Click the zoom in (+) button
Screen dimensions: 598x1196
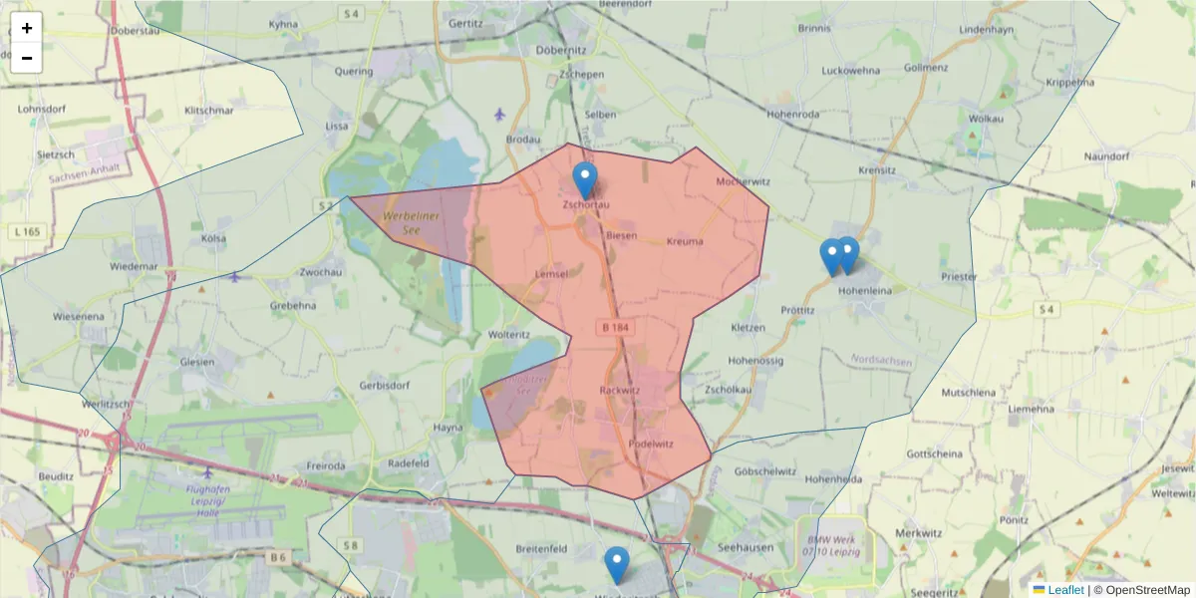pos(27,28)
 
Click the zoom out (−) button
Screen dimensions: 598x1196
pos(27,58)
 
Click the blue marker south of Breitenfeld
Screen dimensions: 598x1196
pos(617,565)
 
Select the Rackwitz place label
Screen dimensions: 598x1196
pos(618,390)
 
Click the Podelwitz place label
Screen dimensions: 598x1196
pos(652,445)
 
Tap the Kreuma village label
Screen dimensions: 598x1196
pos(684,241)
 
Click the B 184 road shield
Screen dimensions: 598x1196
pos(616,326)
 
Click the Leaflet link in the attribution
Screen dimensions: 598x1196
pos(1065,590)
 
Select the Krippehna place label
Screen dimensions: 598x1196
pos(1069,82)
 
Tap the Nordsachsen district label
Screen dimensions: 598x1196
pos(882,359)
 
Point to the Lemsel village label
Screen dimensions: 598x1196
pos(551,274)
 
